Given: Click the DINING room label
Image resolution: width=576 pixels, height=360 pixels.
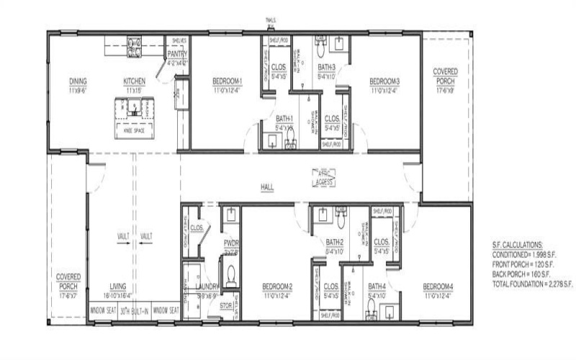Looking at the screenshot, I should [78, 81].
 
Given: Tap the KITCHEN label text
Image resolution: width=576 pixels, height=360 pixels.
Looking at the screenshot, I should [135, 81].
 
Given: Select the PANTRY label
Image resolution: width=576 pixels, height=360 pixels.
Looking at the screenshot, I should [177, 54].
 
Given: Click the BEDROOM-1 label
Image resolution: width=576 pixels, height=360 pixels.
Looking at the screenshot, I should [228, 81].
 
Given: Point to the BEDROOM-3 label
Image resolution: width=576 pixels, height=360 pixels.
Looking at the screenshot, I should [384, 81].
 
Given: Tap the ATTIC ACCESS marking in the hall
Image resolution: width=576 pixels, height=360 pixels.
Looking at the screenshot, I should [323, 179].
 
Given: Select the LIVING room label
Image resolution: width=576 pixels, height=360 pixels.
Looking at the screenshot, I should [118, 286].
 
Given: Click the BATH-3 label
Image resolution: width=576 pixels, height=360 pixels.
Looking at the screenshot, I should [327, 67].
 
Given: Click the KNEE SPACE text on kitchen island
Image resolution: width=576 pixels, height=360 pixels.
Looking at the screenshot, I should [134, 132].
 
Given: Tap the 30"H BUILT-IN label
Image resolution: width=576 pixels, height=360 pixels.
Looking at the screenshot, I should [135, 310].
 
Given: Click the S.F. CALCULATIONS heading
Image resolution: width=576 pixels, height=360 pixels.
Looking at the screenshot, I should [518, 246].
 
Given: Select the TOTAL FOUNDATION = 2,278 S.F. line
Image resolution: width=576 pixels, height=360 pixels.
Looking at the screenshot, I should [532, 285].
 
